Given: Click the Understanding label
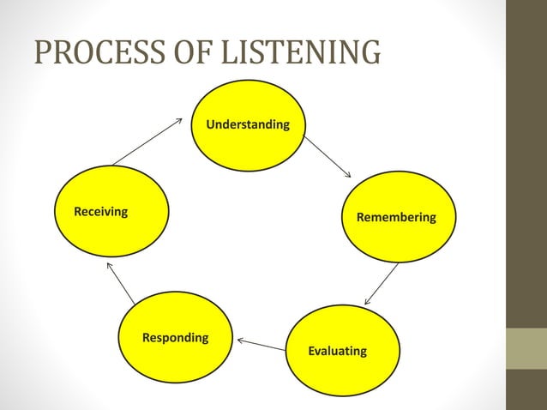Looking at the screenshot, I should pyautogui.click(x=248, y=125).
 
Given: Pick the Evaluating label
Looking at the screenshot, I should pyautogui.click(x=337, y=351).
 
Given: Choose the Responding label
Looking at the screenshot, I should pyautogui.click(x=175, y=338).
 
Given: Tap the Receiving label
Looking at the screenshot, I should pyautogui.click(x=101, y=211).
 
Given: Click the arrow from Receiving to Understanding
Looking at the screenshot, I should pyautogui.click(x=147, y=141).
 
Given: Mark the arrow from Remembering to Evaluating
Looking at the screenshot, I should pyautogui.click(x=382, y=284).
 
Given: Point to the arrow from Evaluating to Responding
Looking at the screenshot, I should pyautogui.click(x=261, y=345).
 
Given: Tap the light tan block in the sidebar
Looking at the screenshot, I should pyautogui.click(x=526, y=348).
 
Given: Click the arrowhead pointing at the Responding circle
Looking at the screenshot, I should pyautogui.click(x=241, y=341).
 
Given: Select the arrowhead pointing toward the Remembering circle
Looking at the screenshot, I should pyautogui.click(x=347, y=174).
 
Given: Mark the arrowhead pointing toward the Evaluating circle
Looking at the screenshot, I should pyautogui.click(x=368, y=301).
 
